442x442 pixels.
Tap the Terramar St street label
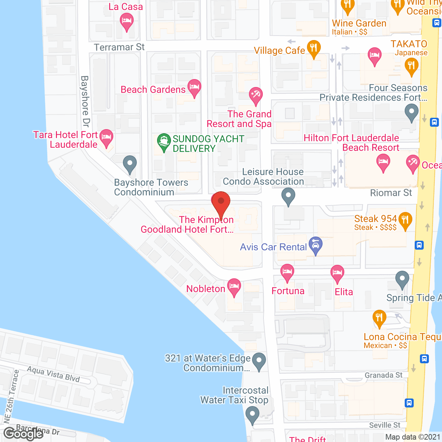coord(119,47)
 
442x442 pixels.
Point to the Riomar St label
coord(391,193)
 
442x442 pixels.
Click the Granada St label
coord(384,375)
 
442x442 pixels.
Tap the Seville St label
coord(385,425)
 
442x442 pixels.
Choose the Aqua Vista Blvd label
coord(54,374)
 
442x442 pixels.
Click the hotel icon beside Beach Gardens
coord(194,87)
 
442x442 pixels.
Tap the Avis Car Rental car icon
coord(316,245)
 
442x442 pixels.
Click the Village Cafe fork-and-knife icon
coord(314,49)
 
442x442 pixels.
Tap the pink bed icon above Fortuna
coord(287,272)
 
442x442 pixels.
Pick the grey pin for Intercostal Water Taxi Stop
coord(252,414)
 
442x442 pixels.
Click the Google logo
coord(23,433)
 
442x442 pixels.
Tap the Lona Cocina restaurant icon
coord(379,318)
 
